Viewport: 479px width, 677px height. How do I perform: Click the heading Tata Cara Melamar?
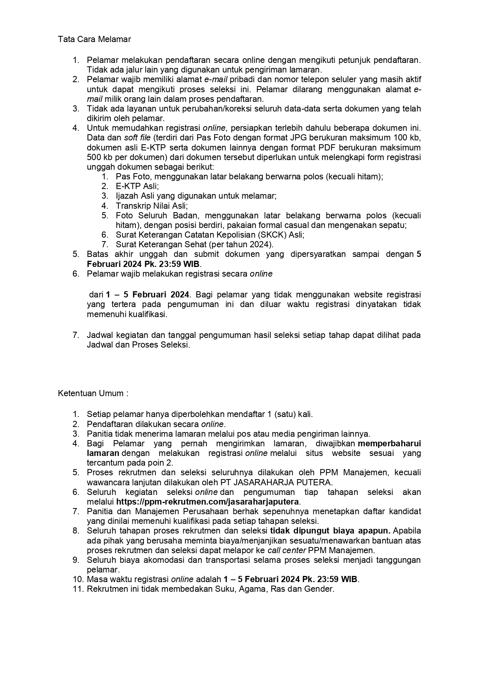(94, 39)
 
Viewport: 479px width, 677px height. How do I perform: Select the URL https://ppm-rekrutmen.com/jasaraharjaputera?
(208, 502)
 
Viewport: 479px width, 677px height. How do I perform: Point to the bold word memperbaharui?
(389, 444)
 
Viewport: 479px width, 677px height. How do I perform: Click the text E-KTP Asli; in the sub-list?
(137, 186)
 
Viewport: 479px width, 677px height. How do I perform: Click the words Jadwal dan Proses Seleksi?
(138, 345)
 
